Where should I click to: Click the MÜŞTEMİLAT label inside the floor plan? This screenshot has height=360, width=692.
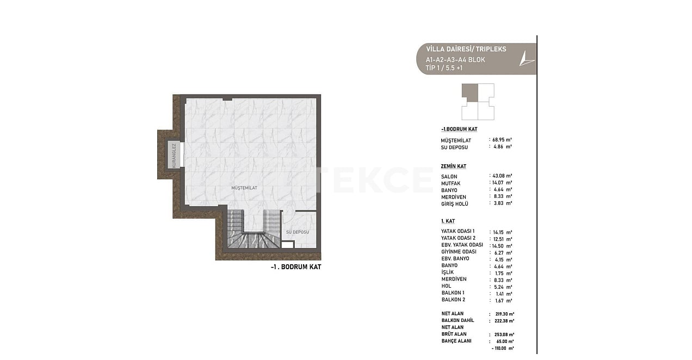pyautogui.click(x=244, y=188)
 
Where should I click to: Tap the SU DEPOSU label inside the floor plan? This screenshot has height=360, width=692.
pyautogui.click(x=297, y=232)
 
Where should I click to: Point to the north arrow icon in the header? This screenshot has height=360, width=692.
pyautogui.click(x=526, y=58)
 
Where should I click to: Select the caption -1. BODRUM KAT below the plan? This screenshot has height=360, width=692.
pyautogui.click(x=295, y=267)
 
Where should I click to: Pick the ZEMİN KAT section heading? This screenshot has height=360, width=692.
pyautogui.click(x=454, y=166)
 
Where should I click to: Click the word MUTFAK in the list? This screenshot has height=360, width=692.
pyautogui.click(x=451, y=184)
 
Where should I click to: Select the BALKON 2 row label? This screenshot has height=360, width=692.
pyautogui.click(x=453, y=300)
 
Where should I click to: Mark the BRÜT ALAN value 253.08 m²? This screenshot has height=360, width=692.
pyautogui.click(x=504, y=334)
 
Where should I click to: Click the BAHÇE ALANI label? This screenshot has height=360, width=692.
pyautogui.click(x=456, y=341)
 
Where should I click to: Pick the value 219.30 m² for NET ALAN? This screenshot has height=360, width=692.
pyautogui.click(x=504, y=314)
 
